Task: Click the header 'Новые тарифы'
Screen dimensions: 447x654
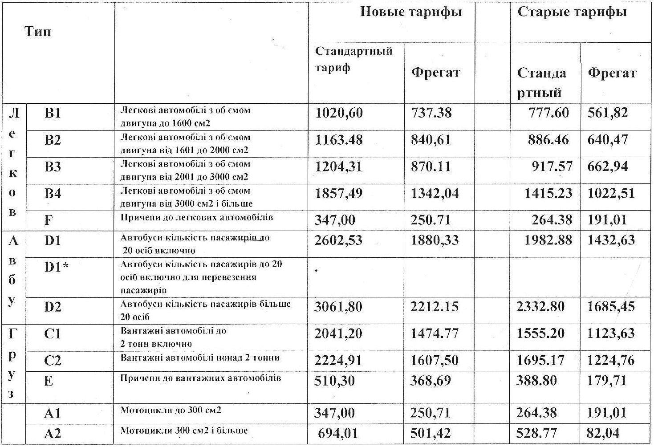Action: (x=410, y=12)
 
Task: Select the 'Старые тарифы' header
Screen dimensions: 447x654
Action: (x=572, y=12)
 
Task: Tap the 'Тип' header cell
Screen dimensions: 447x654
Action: (x=38, y=32)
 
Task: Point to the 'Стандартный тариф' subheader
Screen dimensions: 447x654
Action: (x=353, y=59)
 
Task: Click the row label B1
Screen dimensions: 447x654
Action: (x=53, y=114)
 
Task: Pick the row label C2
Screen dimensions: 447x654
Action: (x=53, y=361)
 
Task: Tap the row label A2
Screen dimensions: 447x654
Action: (x=53, y=433)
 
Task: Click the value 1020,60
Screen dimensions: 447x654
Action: (x=339, y=114)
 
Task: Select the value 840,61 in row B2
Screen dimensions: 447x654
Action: (x=431, y=140)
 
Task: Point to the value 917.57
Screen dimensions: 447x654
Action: (x=552, y=167)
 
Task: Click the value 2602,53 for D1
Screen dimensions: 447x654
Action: (x=338, y=240)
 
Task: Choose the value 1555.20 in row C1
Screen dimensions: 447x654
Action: (x=540, y=333)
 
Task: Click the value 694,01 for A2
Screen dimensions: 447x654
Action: (x=338, y=433)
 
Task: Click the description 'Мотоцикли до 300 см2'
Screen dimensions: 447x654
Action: (x=171, y=410)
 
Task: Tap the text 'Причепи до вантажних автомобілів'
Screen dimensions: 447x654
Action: (x=200, y=378)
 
